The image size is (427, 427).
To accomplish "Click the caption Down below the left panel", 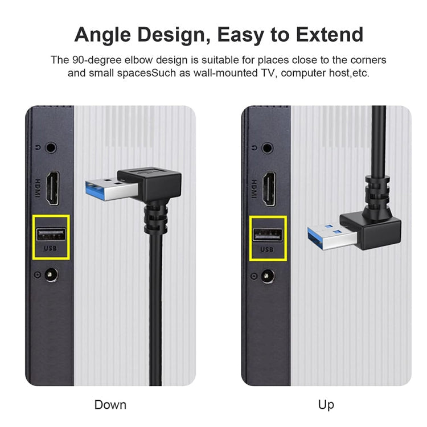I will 110,405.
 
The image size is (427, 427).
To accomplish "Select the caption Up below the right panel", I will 326,405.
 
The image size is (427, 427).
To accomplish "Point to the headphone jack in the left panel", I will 52,147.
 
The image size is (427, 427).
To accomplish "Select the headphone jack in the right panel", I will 268,147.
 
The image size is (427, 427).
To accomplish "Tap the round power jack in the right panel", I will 268,277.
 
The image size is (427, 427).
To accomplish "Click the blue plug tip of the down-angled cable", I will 103,188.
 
